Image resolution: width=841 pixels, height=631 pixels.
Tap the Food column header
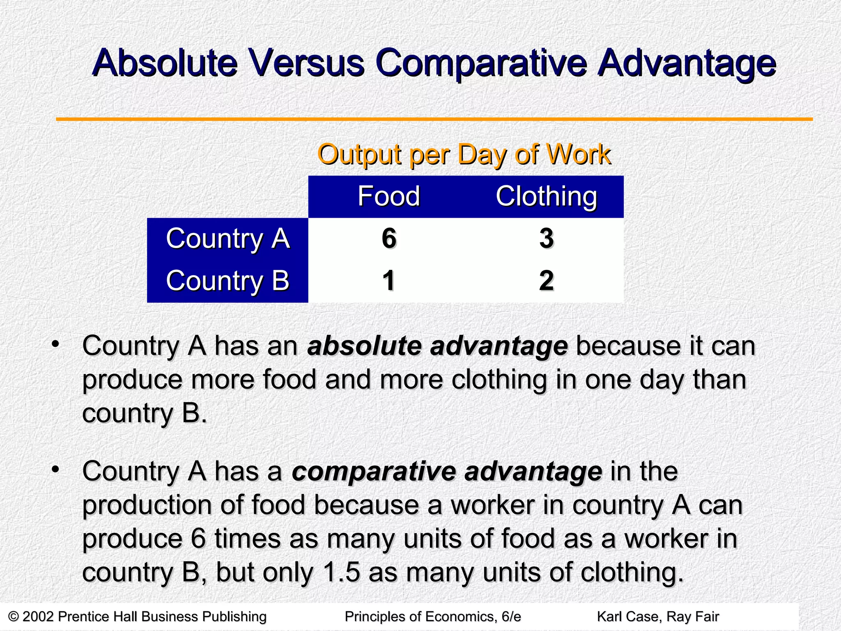pyautogui.click(x=388, y=196)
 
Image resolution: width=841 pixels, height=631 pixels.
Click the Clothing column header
pyautogui.click(x=546, y=196)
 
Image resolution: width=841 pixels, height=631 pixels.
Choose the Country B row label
pyautogui.click(x=227, y=281)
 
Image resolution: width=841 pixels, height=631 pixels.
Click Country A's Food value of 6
pyautogui.click(x=389, y=238)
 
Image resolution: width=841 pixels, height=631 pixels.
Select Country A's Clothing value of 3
pyautogui.click(x=547, y=238)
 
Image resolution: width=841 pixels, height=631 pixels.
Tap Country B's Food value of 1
pyautogui.click(x=389, y=281)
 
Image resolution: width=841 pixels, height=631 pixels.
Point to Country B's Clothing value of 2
pyautogui.click(x=547, y=281)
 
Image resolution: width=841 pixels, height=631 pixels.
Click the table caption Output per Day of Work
pyautogui.click(x=464, y=155)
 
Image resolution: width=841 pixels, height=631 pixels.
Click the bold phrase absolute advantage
pyautogui.click(x=437, y=346)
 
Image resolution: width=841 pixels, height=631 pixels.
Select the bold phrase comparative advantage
pyautogui.click(x=447, y=471)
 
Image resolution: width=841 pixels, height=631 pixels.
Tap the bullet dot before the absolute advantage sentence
pyautogui.click(x=56, y=343)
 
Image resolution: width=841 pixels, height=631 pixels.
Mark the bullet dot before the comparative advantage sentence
pyautogui.click(x=56, y=469)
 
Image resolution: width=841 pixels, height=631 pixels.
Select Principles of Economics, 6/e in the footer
pyautogui.click(x=433, y=617)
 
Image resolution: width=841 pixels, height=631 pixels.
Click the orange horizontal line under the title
pyautogui.click(x=434, y=119)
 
